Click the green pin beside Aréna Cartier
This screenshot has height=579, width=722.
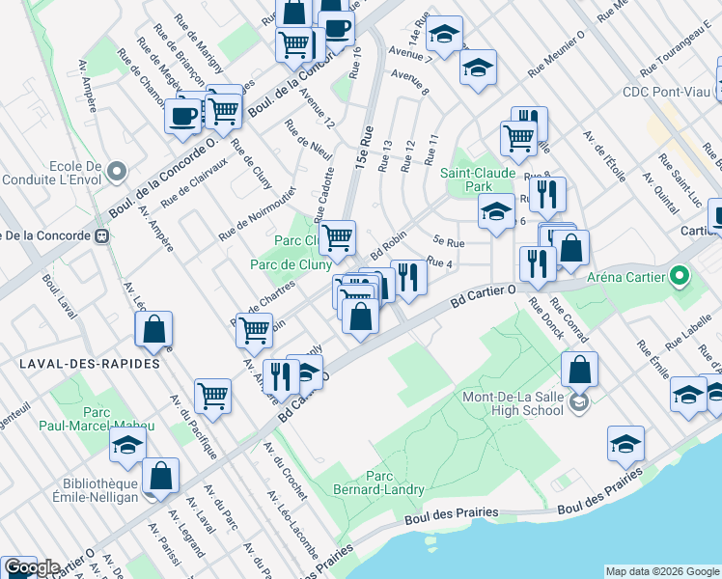point(679,278)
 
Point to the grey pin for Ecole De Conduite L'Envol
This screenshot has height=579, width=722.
point(118,172)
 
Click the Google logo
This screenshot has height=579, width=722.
point(31,567)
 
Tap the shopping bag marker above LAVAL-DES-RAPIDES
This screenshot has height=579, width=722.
point(154,330)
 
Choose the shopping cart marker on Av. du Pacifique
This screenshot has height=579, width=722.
point(212,394)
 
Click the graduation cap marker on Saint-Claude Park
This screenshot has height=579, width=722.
point(496,212)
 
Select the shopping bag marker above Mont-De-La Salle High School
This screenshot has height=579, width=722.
point(579,371)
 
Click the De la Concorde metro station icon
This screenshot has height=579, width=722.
point(100,235)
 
